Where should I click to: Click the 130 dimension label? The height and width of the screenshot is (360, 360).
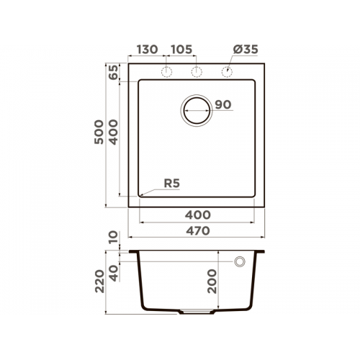pyautogui.click(x=147, y=50)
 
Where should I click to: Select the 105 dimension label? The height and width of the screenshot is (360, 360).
pyautogui.click(x=181, y=50)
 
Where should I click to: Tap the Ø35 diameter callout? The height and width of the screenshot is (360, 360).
pyautogui.click(x=246, y=50)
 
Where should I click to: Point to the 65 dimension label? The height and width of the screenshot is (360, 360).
pyautogui.click(x=114, y=72)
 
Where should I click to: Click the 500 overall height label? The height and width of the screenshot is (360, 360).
pyautogui.click(x=99, y=132)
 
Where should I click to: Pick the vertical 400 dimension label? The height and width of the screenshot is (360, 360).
pyautogui.click(x=114, y=132)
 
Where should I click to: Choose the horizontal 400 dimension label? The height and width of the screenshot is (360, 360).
pyautogui.click(x=198, y=215)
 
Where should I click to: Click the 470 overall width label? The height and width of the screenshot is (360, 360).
pyautogui.click(x=198, y=231)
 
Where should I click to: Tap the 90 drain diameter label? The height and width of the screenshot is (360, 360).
pyautogui.click(x=223, y=104)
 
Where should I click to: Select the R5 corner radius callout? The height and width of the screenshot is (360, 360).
pyautogui.click(x=172, y=184)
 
